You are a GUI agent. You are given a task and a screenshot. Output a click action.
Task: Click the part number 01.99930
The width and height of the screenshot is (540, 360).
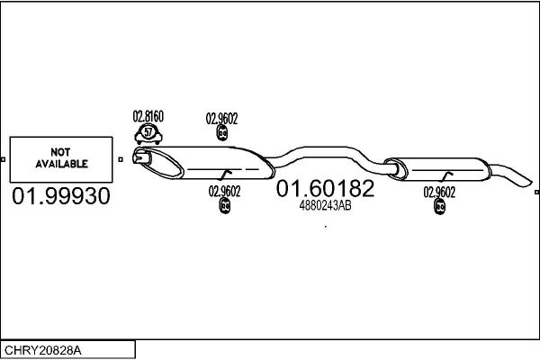click(x=61, y=195)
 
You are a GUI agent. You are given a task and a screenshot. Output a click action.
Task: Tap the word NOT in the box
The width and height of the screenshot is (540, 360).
click(x=60, y=152)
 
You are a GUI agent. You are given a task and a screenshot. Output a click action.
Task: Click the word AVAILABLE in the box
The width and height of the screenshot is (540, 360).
click(x=61, y=164)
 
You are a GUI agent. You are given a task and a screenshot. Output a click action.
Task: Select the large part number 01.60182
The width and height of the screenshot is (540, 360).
click(x=325, y=188)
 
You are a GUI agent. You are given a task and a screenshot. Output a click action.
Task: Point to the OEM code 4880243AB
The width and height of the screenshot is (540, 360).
click(x=326, y=206)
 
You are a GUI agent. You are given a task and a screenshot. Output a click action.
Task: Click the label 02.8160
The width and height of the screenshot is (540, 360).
click(x=148, y=116)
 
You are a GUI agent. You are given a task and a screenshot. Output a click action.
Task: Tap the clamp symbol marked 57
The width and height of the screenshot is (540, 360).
click(x=148, y=135)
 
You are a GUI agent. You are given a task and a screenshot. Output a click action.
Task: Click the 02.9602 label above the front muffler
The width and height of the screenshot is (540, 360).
click(x=221, y=119)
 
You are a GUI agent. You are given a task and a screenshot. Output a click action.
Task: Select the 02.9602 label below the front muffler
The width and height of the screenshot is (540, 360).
click(x=224, y=192)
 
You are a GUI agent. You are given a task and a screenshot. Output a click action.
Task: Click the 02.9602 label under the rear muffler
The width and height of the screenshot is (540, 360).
click(x=439, y=193)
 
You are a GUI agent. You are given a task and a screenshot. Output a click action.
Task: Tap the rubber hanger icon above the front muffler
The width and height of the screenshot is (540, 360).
click(x=221, y=133)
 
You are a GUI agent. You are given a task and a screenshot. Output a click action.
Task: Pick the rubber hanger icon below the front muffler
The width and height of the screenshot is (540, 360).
click(x=224, y=206)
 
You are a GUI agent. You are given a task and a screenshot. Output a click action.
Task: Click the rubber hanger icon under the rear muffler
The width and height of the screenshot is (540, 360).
click(x=439, y=207)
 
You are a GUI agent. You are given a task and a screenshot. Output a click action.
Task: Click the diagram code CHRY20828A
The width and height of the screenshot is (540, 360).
click(x=43, y=350)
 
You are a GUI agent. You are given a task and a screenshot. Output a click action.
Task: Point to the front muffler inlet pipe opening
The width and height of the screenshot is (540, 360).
click(x=141, y=157)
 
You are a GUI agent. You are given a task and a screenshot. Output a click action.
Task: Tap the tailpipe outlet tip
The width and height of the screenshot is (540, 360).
click(x=527, y=182)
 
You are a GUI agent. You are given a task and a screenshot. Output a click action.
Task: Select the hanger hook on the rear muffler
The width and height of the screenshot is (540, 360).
click(x=446, y=175)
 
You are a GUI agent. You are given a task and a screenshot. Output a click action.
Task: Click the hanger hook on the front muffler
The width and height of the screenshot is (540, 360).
click(x=226, y=174)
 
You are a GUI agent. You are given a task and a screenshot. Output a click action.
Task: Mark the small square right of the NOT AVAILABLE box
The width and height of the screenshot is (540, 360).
click(x=121, y=159)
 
